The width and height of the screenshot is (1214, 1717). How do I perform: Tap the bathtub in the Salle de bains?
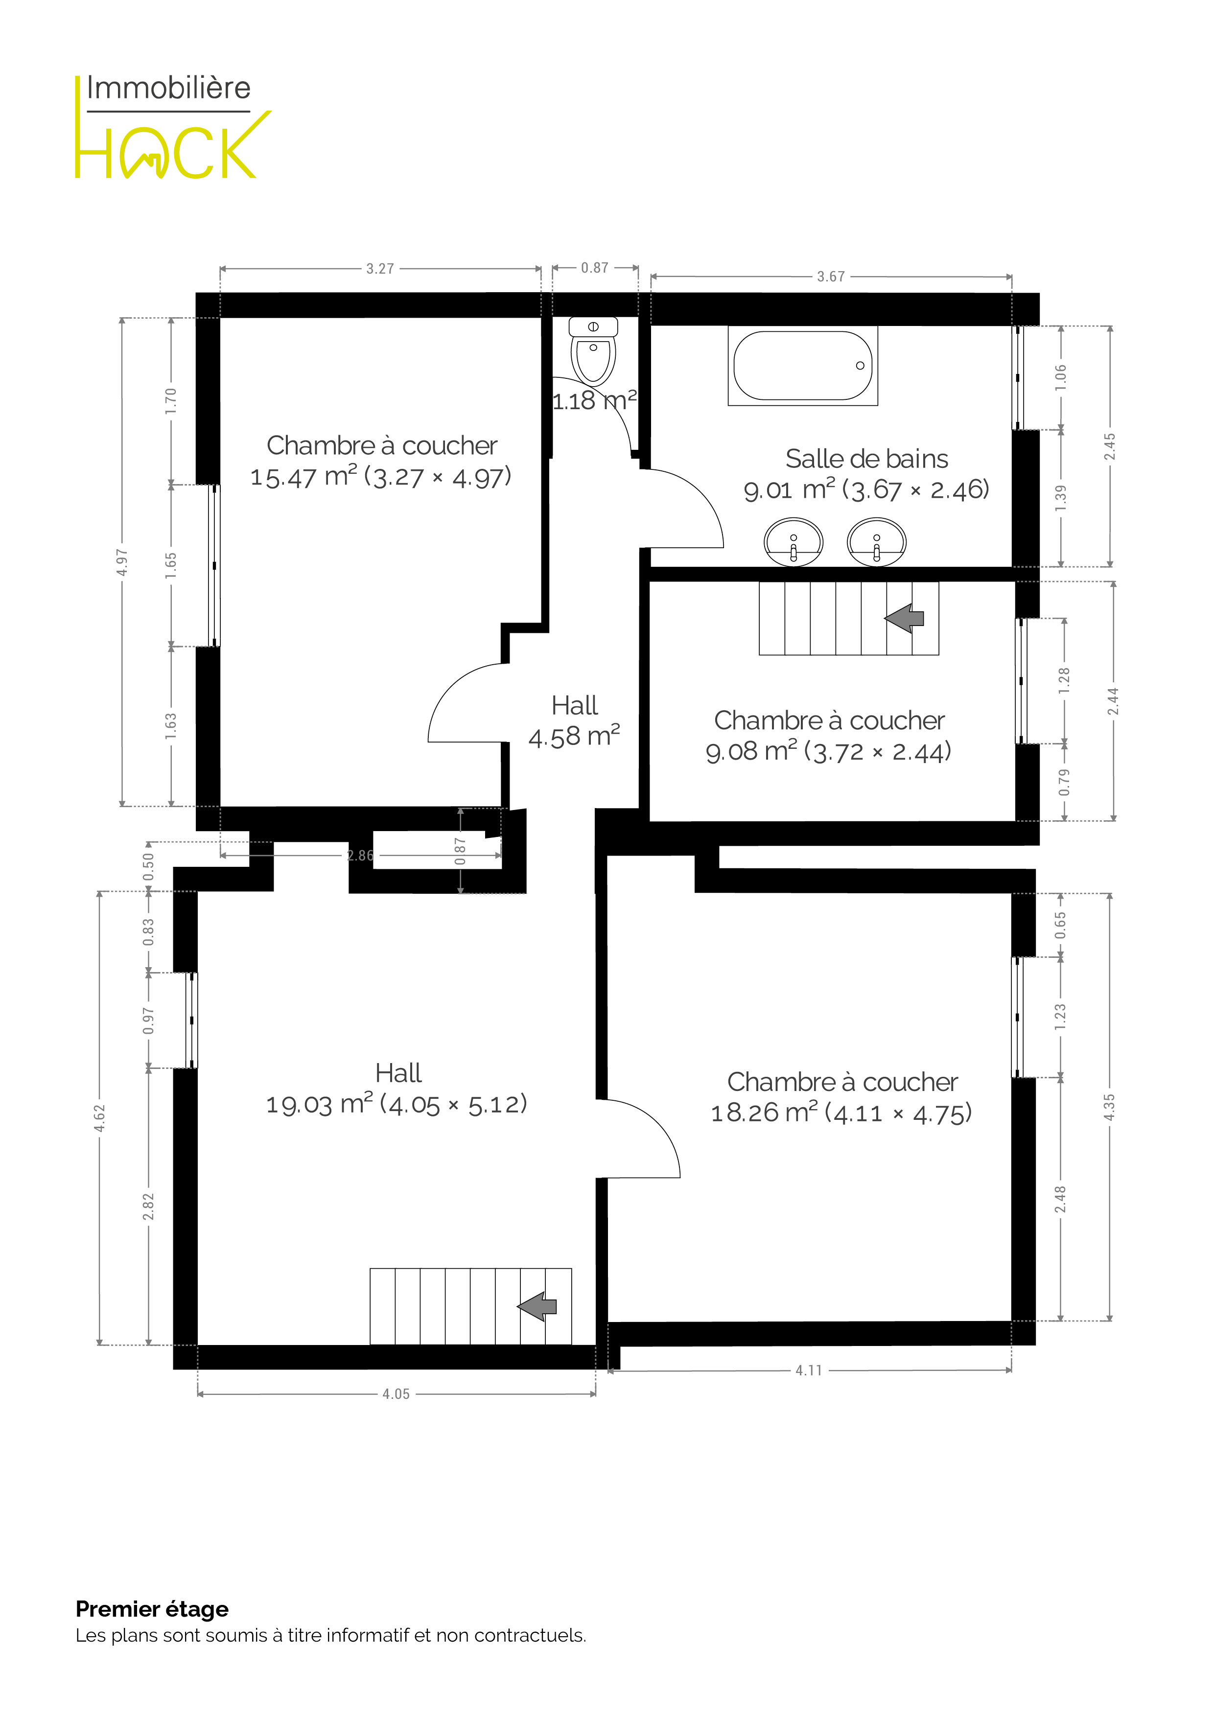803,366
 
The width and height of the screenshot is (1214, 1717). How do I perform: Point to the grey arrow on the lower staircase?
537,1306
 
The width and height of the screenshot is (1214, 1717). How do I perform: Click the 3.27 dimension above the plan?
380,269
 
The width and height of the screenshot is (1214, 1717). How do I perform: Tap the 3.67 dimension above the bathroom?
831,277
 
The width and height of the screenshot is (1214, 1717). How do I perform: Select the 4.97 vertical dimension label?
122,562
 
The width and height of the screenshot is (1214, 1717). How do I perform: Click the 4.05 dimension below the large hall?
397,1394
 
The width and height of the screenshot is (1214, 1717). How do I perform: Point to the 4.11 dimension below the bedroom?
809,1371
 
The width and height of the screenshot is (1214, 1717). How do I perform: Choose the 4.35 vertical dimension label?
1109,1108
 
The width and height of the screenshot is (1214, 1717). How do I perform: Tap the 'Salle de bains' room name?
867,459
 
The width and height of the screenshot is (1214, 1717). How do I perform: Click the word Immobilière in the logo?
168,88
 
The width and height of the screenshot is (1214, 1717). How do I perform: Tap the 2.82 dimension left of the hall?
148,1206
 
